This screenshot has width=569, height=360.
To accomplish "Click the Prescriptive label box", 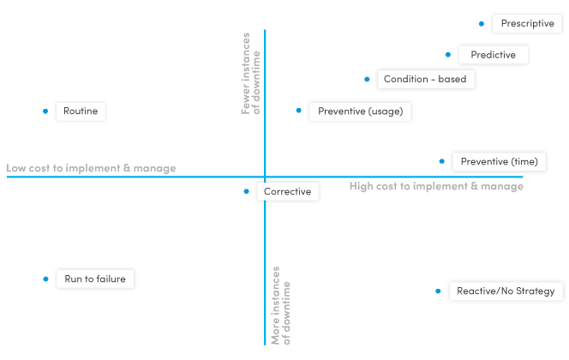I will (527, 24).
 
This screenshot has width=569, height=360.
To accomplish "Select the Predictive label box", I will (493, 55).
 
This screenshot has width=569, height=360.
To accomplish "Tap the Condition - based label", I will (425, 79).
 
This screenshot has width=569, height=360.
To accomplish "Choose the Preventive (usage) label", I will (359, 111).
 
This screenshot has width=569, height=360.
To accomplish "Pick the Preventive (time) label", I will (499, 161).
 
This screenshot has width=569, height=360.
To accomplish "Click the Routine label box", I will (81, 111).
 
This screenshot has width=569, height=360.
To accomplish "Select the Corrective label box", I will (287, 191).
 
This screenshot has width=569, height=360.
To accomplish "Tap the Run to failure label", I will (95, 279).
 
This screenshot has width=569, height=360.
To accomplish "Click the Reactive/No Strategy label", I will (506, 291).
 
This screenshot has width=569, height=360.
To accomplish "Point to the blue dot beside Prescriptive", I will (482, 24).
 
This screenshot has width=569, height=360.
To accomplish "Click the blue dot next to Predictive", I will (448, 55).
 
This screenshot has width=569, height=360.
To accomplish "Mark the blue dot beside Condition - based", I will (367, 79).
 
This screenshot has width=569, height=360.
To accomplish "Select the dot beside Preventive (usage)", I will (298, 111).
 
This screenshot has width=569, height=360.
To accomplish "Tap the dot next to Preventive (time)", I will (442, 160).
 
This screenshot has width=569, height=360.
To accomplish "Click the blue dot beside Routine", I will (45, 111).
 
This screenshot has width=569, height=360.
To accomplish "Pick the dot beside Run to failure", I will (45, 279).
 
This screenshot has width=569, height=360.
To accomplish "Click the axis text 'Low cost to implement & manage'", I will (91, 169).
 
